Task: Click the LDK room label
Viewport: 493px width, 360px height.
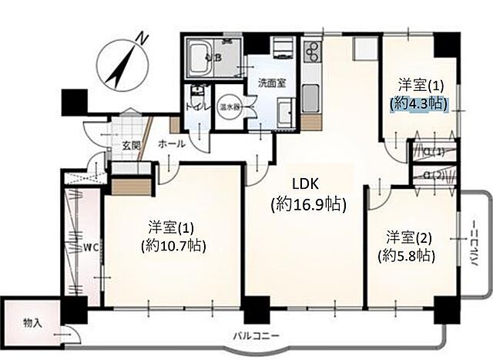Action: tap(307, 183)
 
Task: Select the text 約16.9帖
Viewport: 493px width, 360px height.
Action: tap(308, 205)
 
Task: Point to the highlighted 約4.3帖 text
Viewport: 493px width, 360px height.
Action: tap(419, 102)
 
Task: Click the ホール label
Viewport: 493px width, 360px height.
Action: tap(171, 144)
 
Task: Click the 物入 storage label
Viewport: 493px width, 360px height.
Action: tap(32, 321)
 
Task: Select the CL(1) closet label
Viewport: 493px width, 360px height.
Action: tap(434, 151)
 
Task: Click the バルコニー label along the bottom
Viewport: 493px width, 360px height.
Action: tap(257, 336)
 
